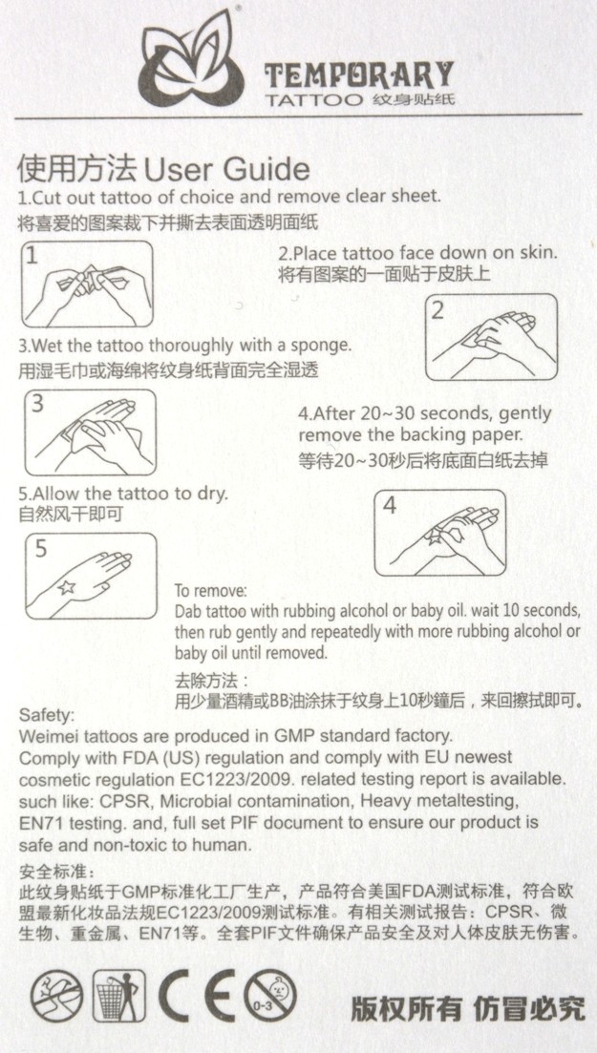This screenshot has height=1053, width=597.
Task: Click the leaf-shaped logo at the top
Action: click(x=192, y=59)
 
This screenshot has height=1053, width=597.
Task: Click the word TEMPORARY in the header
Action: click(x=359, y=75)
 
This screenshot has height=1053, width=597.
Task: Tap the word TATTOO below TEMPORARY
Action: click(x=314, y=100)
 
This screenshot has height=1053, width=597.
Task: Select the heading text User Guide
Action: click(x=226, y=170)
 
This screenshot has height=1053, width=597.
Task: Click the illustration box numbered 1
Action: click(x=87, y=284)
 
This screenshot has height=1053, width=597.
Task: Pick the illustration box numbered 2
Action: click(x=491, y=337)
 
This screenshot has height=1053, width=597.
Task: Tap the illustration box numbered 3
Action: click(x=90, y=432)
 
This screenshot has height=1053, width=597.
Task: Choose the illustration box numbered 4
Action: click(x=440, y=533)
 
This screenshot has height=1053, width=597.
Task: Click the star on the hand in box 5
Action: click(x=66, y=588)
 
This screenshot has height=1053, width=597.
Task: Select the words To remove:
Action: click(x=210, y=592)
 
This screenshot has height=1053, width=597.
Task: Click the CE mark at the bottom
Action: click(x=197, y=997)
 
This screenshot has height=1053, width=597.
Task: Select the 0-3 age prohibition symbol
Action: click(x=271, y=996)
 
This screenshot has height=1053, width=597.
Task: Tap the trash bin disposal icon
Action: click(x=119, y=997)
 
